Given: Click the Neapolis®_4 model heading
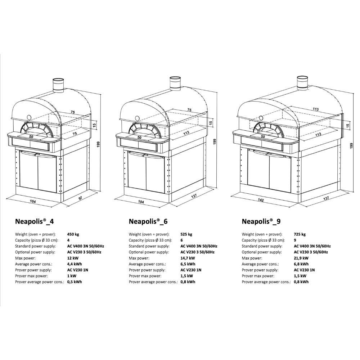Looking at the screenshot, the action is [35, 221].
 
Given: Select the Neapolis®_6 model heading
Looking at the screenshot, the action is [148, 221].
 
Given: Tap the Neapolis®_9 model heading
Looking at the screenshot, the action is [261, 221].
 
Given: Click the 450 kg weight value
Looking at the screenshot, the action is [73, 234].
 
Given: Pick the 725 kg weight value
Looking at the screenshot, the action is [300, 234].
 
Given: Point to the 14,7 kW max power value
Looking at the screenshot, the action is [188, 258].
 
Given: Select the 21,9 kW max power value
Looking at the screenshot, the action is [301, 258].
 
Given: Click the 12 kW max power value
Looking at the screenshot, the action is [73, 258].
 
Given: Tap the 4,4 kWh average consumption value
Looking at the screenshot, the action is [75, 264].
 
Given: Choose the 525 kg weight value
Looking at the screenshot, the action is [186, 234].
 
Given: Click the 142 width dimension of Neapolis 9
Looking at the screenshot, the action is [261, 200].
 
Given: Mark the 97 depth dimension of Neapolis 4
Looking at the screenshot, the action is [81, 198].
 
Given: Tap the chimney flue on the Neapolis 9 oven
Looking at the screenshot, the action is [303, 83].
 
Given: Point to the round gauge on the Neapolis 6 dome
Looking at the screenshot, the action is [137, 118].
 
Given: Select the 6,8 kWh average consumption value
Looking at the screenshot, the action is [301, 264].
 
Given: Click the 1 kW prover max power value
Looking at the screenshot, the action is [72, 276].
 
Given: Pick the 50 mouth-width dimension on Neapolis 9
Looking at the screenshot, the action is [263, 136].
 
